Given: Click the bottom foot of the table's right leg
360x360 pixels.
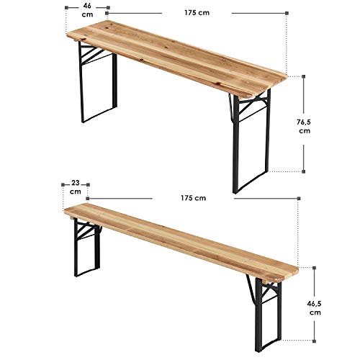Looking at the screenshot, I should [x=236, y=189].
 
